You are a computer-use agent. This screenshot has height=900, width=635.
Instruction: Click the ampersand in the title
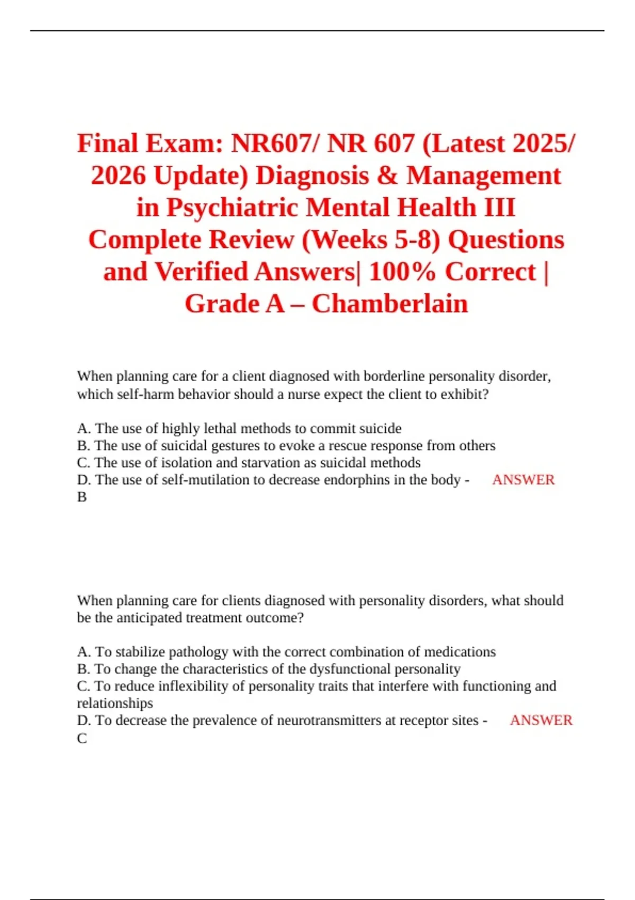point(387,176)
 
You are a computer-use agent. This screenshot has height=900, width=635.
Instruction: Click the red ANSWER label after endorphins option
point(523,480)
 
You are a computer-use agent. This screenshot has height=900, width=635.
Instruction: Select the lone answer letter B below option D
point(82,497)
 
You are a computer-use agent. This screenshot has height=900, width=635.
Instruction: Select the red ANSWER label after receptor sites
point(541,721)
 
